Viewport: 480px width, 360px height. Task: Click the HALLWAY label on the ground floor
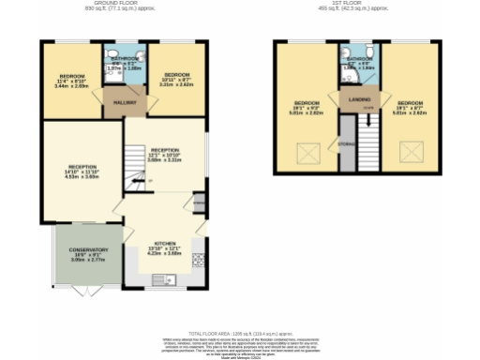pyautogui.click(x=126, y=103)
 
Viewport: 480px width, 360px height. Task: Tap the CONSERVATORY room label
pyautogui.click(x=88, y=250)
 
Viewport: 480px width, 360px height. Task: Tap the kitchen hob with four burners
pyautogui.click(x=198, y=260)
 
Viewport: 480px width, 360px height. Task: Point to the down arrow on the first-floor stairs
pyautogui.click(x=368, y=119)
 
